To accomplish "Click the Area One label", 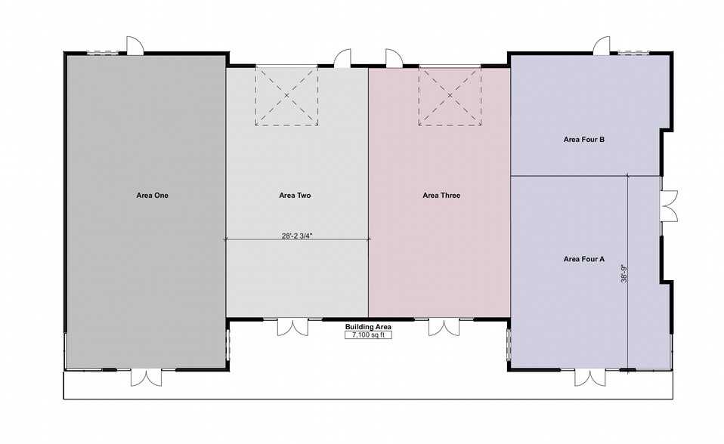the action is [152, 196].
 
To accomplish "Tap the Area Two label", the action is [295, 196].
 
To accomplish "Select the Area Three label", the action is [441, 196].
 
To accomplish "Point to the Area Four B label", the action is [583, 140].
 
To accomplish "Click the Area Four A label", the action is [583, 259].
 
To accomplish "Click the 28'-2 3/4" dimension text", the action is [297, 236].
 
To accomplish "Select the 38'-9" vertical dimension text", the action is [623, 273].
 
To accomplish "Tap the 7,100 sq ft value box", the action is [368, 335].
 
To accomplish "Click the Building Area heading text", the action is [368, 327].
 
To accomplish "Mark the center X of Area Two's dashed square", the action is [286, 96].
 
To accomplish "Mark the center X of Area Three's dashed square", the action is [450, 96].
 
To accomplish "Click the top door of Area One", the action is [135, 46].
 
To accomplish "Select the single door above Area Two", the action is [342, 59].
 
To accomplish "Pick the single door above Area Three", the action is [394, 59].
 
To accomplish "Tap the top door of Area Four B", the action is [602, 46].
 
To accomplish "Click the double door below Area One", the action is [146, 377].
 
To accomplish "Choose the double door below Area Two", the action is [292, 327].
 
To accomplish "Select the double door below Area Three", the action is [444, 327].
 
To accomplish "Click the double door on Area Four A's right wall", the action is [669, 206].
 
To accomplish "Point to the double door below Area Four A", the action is [590, 377].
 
